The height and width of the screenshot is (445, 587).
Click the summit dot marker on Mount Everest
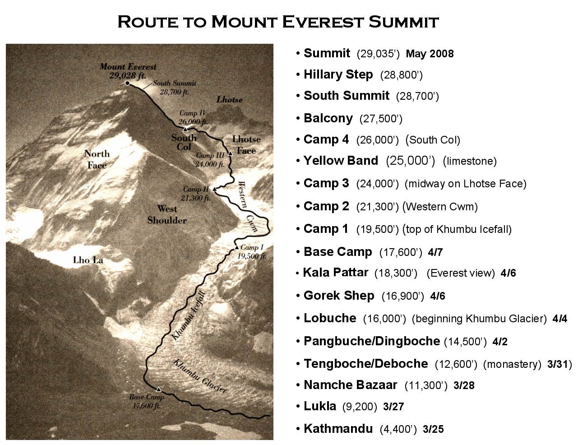pyautogui.click(x=127, y=83)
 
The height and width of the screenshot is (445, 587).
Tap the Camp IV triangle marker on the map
pyautogui.click(x=185, y=130)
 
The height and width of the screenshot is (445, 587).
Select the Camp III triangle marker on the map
pyautogui.click(x=230, y=153)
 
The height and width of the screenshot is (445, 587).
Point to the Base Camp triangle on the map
pyautogui.click(x=158, y=389)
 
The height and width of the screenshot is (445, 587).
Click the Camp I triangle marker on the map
pyautogui.click(x=236, y=247)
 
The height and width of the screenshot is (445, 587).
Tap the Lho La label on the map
pyautogui.click(x=88, y=260)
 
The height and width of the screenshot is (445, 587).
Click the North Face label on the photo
pyautogui.click(x=97, y=159)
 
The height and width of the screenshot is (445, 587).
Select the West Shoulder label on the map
pyautogui.click(x=166, y=214)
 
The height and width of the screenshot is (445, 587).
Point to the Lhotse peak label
pyautogui.click(x=229, y=99)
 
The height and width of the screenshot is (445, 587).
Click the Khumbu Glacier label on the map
pyautogui.click(x=200, y=376)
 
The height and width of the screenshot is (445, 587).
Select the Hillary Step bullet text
pyautogui.click(x=338, y=74)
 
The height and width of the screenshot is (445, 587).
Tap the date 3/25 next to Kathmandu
pyautogui.click(x=433, y=429)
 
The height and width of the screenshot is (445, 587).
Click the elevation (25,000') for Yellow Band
pyautogui.click(x=410, y=161)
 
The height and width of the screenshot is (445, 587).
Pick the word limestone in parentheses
pyautogui.click(x=470, y=161)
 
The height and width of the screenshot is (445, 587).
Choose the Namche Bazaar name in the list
pyautogui.click(x=350, y=385)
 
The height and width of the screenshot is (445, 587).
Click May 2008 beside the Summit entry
pyautogui.click(x=430, y=54)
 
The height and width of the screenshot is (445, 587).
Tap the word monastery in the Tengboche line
pyautogui.click(x=512, y=364)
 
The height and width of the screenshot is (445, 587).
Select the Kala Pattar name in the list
pyautogui.click(x=336, y=273)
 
